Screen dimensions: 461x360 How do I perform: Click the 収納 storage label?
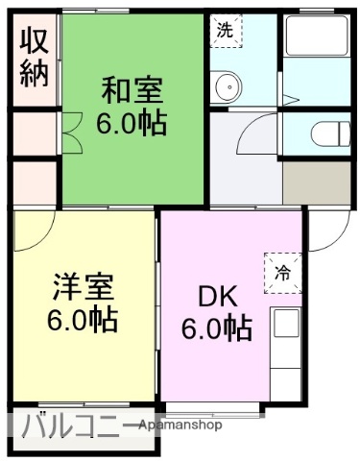tap(35, 59)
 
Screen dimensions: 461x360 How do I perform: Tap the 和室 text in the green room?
tap(133, 93)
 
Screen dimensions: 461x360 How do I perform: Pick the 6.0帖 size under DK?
tap(217, 328)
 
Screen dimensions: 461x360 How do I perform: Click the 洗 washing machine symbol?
tap(225, 31)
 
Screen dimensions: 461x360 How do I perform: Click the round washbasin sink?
tap(228, 90)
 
